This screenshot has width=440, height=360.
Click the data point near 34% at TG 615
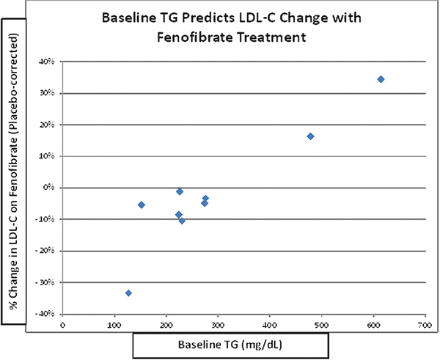381,79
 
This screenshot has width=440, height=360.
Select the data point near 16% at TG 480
311,136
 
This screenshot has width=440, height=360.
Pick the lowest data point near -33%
128,293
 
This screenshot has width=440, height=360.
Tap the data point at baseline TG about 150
141,205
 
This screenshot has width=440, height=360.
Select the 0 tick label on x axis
63,323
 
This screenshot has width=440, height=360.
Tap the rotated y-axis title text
12,187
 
